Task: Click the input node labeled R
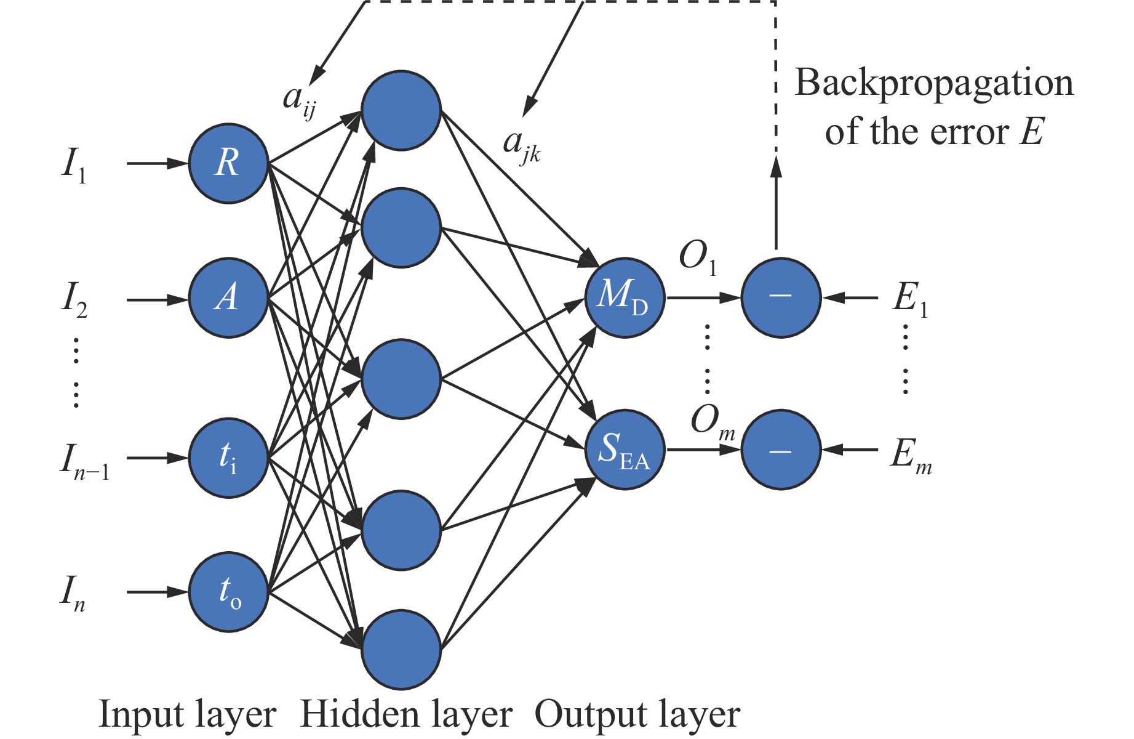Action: tap(228, 163)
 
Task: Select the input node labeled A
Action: tap(228, 298)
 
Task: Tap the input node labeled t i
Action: tap(228, 458)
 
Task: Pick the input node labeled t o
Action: tap(228, 592)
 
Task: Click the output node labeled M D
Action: tap(625, 297)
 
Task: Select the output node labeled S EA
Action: tap(625, 450)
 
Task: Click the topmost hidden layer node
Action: tap(401, 110)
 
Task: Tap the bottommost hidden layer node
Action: tap(401, 649)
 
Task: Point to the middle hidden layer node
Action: tap(401, 379)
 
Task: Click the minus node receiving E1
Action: tap(781, 297)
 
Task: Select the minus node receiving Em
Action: tap(781, 450)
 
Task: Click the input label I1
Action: tap(74, 165)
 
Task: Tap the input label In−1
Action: tap(84, 461)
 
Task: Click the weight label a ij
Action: tap(300, 100)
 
